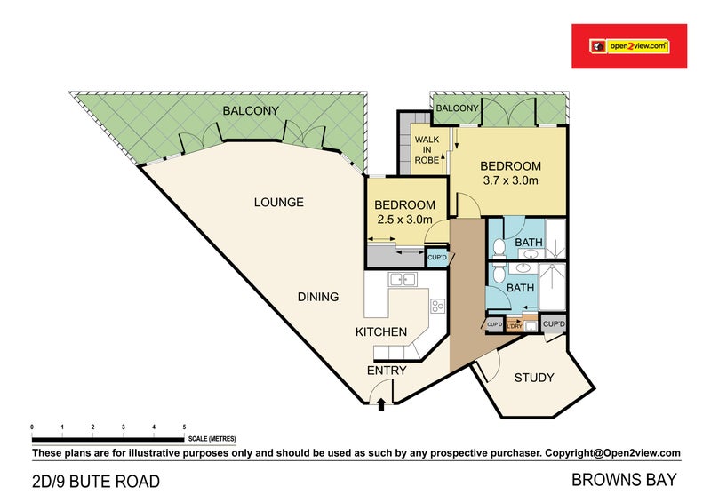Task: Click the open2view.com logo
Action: pyautogui.click(x=629, y=46)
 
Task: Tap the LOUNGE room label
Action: pyautogui.click(x=279, y=203)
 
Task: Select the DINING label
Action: pyautogui.click(x=317, y=297)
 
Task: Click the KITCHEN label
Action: pyautogui.click(x=381, y=332)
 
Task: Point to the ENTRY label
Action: pyautogui.click(x=387, y=371)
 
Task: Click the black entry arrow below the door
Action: pyautogui.click(x=381, y=405)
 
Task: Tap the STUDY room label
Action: pyautogui.click(x=533, y=378)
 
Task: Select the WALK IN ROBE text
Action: pyautogui.click(x=427, y=148)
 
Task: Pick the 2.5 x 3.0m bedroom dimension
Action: pyautogui.click(x=404, y=220)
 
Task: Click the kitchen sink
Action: pyautogui.click(x=403, y=281)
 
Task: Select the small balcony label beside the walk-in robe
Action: pyautogui.click(x=458, y=108)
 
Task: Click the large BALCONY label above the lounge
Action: pyautogui.click(x=251, y=111)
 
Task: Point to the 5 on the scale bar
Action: pyautogui.click(x=184, y=427)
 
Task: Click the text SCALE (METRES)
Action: pyautogui.click(x=212, y=438)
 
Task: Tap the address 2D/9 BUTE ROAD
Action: pyautogui.click(x=96, y=483)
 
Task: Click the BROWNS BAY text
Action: pyautogui.click(x=625, y=481)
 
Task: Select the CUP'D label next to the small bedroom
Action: pyautogui.click(x=438, y=259)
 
